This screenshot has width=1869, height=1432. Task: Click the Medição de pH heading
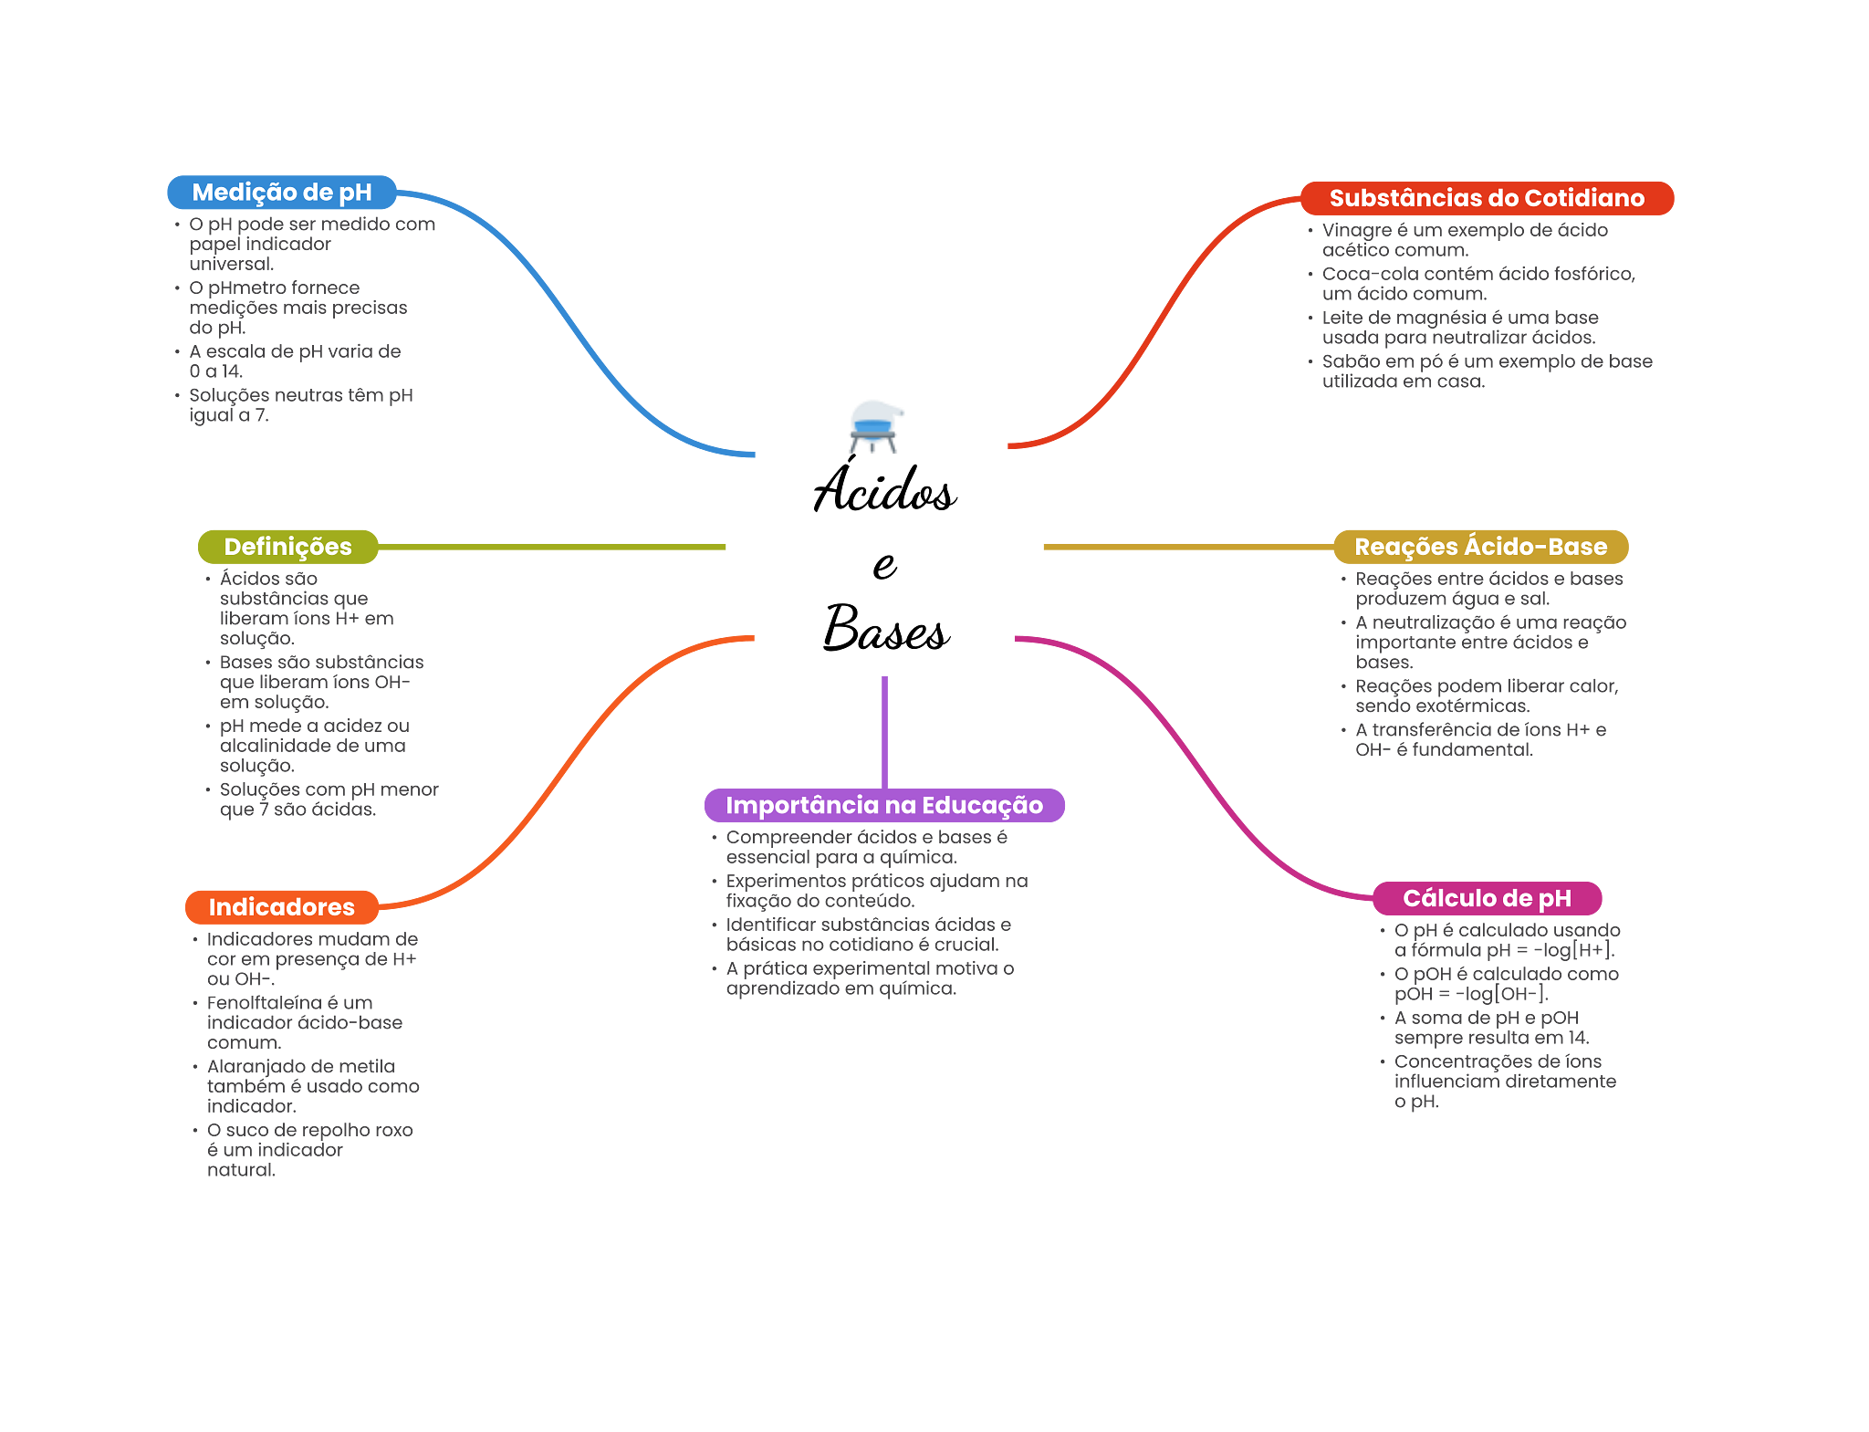(281, 193)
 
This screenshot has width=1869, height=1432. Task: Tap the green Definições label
(287, 547)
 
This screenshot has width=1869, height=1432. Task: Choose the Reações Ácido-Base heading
(1479, 547)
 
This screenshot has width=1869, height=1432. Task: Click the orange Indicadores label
(281, 907)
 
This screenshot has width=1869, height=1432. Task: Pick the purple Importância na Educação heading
(883, 805)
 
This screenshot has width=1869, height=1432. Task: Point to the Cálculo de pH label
(1486, 898)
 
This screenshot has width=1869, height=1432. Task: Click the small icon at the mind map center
(875, 425)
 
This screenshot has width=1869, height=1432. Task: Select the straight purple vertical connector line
(884, 730)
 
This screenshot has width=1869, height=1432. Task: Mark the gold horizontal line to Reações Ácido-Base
(1186, 547)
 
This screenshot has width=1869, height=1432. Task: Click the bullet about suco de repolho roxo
(309, 1149)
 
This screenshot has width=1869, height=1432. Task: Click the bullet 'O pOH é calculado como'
(1506, 984)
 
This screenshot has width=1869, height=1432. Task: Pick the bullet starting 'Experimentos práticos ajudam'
(876, 891)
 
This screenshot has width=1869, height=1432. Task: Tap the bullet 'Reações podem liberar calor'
(1486, 695)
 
